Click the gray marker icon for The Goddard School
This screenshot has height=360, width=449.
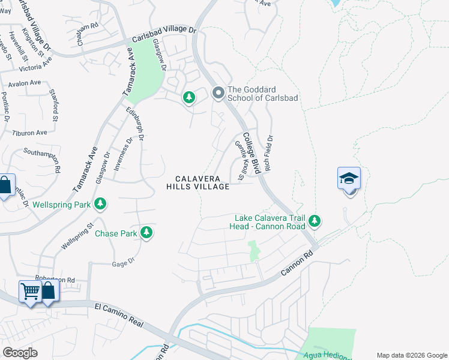point(218,93)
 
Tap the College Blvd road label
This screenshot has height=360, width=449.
point(251,154)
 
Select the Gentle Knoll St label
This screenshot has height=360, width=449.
point(242,160)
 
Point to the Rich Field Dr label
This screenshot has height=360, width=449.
point(269,154)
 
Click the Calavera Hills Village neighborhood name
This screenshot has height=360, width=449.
point(198,183)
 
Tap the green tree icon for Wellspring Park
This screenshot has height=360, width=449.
point(101,205)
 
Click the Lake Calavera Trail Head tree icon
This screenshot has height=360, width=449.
point(315,222)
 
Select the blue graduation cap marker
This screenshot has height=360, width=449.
point(349,179)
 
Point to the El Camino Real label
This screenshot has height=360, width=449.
point(119,315)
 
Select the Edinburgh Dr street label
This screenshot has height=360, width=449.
point(135,124)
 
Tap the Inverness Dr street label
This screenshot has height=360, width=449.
point(124,155)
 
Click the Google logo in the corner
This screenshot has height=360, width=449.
point(20,353)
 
